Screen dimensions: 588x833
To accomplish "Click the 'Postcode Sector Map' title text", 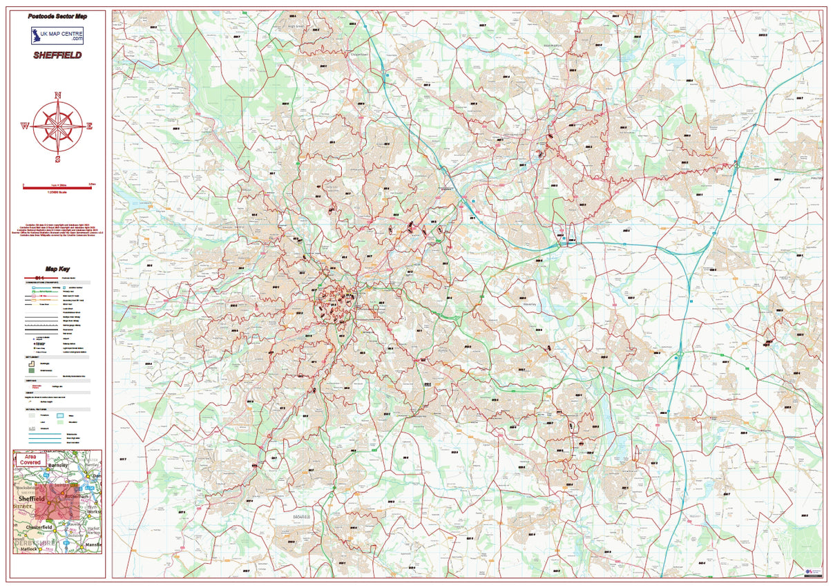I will tap(57, 15).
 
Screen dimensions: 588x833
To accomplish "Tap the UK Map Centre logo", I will tap(57, 35).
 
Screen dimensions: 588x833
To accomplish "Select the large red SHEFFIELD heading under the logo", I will tap(57, 55).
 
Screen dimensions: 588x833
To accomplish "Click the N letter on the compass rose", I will tap(58, 95).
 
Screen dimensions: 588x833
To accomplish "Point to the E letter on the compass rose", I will tap(89, 126).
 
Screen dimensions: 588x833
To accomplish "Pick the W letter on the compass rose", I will tap(25, 126).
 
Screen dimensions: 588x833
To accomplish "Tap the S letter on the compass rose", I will tap(58, 158).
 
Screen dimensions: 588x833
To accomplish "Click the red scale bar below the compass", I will tap(57, 186).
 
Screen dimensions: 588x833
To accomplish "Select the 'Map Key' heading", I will tap(57, 269).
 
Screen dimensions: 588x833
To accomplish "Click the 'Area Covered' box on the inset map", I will tap(30, 459).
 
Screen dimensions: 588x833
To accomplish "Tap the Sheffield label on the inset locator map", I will tap(32, 498).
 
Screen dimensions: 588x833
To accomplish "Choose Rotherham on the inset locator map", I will tap(76, 497).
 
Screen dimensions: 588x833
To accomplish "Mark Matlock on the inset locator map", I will tap(28, 549).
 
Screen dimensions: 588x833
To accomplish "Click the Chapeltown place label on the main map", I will tap(362, 53).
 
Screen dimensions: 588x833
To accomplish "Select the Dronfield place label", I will tap(300, 516).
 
